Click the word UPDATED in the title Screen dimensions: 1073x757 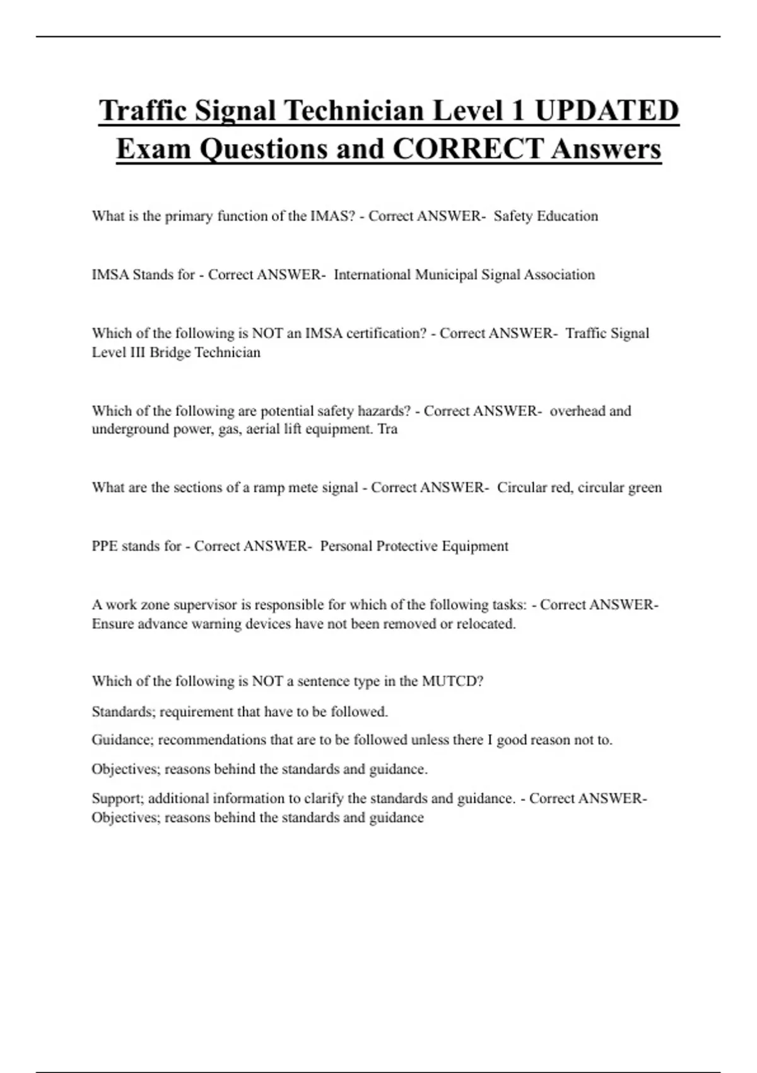click(606, 110)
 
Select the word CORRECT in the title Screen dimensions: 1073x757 click(467, 149)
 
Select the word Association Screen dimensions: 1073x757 click(555, 275)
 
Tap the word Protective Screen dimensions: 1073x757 click(407, 547)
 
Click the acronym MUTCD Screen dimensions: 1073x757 click(452, 682)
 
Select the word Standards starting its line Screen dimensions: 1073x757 click(123, 712)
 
